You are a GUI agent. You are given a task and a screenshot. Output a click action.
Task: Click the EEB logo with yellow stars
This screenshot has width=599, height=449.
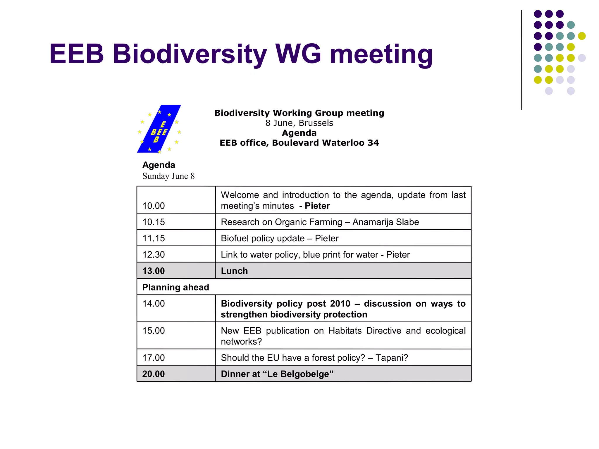click(x=159, y=129)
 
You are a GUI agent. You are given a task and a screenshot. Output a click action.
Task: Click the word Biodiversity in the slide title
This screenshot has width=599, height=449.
click(x=190, y=54)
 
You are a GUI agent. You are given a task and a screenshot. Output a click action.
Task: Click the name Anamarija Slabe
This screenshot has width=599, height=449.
click(x=385, y=222)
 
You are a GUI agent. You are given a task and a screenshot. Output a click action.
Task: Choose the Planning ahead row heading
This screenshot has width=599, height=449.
click(x=175, y=287)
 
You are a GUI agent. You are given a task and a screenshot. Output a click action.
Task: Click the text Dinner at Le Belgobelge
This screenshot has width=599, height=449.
click(x=277, y=374)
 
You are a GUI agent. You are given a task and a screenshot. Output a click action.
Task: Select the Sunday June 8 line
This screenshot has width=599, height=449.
click(x=168, y=176)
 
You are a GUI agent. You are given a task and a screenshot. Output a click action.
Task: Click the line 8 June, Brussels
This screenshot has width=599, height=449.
click(x=299, y=123)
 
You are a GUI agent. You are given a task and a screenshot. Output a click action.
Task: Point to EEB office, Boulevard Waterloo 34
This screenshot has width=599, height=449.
click(x=299, y=143)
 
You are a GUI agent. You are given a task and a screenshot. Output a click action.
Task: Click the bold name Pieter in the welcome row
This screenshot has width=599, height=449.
click(x=317, y=206)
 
